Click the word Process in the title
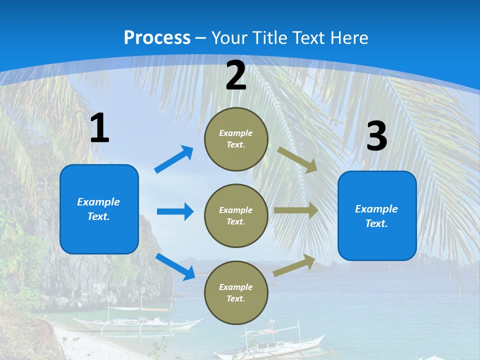157,38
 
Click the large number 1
99,128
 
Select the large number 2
236,75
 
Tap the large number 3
376,136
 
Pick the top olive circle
236,139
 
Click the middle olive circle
236,215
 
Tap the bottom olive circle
236,292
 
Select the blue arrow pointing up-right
174,159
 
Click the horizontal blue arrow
175,211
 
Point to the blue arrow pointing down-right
175,266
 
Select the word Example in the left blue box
98,202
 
